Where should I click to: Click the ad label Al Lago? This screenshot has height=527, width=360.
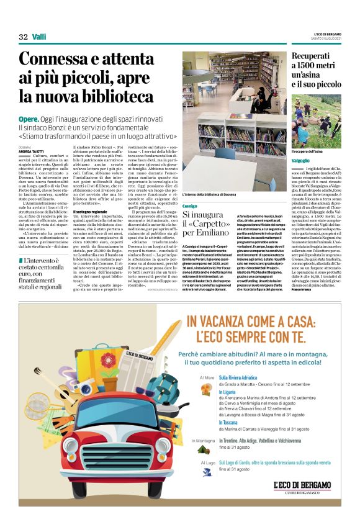point(207,462)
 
